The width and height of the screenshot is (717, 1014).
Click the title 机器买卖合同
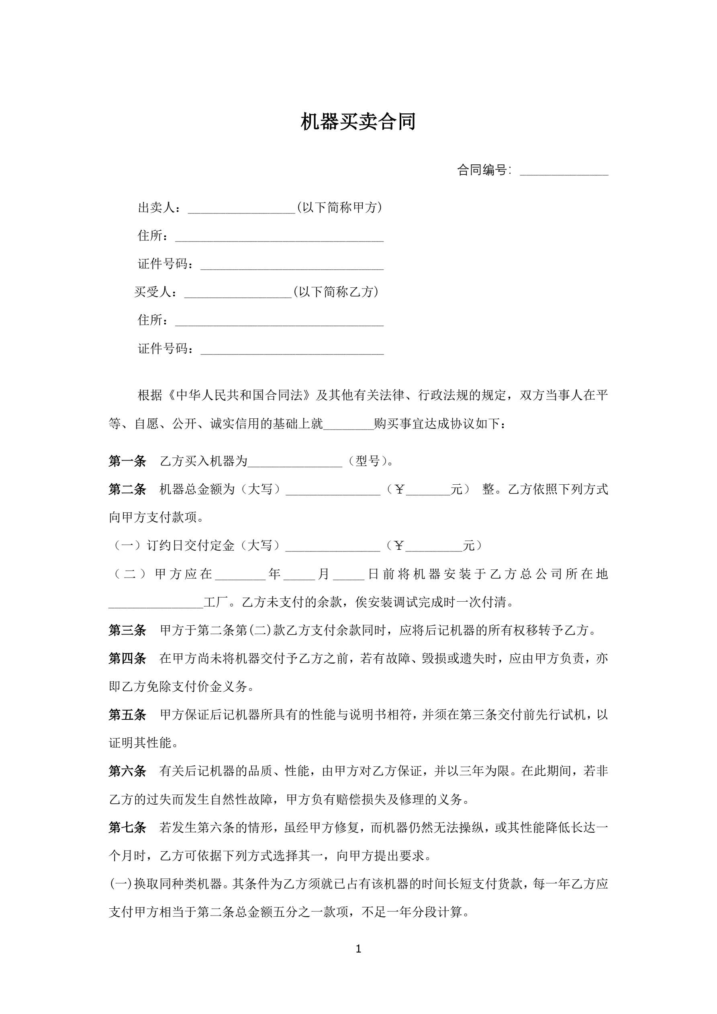point(358,122)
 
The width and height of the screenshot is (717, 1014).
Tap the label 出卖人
point(157,207)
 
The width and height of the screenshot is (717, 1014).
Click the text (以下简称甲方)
point(339,207)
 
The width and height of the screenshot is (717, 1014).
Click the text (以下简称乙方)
point(335,292)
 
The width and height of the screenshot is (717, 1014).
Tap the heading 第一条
point(127,461)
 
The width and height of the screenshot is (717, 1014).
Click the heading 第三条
point(127,630)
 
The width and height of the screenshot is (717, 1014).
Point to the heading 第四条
point(127,658)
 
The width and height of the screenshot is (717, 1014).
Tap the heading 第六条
point(127,771)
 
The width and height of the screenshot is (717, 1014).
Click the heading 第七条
point(127,828)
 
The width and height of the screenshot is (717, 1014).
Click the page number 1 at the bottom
point(358,948)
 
